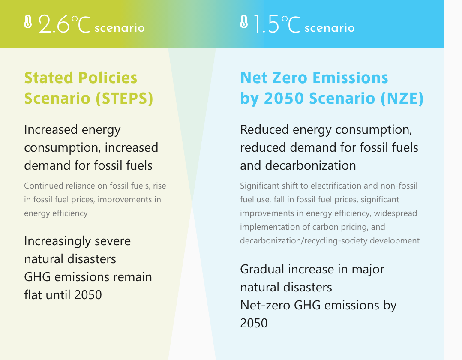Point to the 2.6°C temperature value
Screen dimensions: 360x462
click(x=64, y=24)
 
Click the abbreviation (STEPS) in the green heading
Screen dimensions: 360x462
click(x=124, y=98)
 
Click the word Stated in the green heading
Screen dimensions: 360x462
click(x=48, y=78)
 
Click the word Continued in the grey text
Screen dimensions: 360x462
click(x=43, y=186)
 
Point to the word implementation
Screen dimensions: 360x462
click(x=267, y=227)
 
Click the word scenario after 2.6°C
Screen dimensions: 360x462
click(x=120, y=28)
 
